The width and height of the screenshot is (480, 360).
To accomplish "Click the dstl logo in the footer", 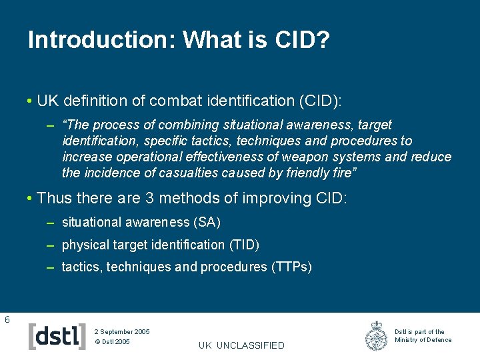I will (57, 336).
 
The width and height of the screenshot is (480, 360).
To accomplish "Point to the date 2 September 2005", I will (122, 331).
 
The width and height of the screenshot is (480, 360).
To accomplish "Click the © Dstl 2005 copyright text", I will (112, 342).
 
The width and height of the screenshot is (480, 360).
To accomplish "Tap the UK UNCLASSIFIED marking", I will (241, 345).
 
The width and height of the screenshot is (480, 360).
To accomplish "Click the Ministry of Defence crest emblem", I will (377, 336).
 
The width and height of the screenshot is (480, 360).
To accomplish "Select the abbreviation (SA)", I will (207, 222).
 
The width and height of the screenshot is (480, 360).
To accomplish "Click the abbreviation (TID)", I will (244, 245).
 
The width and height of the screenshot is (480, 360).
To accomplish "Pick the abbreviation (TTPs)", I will (291, 267).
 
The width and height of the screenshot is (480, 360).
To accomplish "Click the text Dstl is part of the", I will (419, 331).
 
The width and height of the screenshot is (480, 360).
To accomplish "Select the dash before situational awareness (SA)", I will (50, 222).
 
